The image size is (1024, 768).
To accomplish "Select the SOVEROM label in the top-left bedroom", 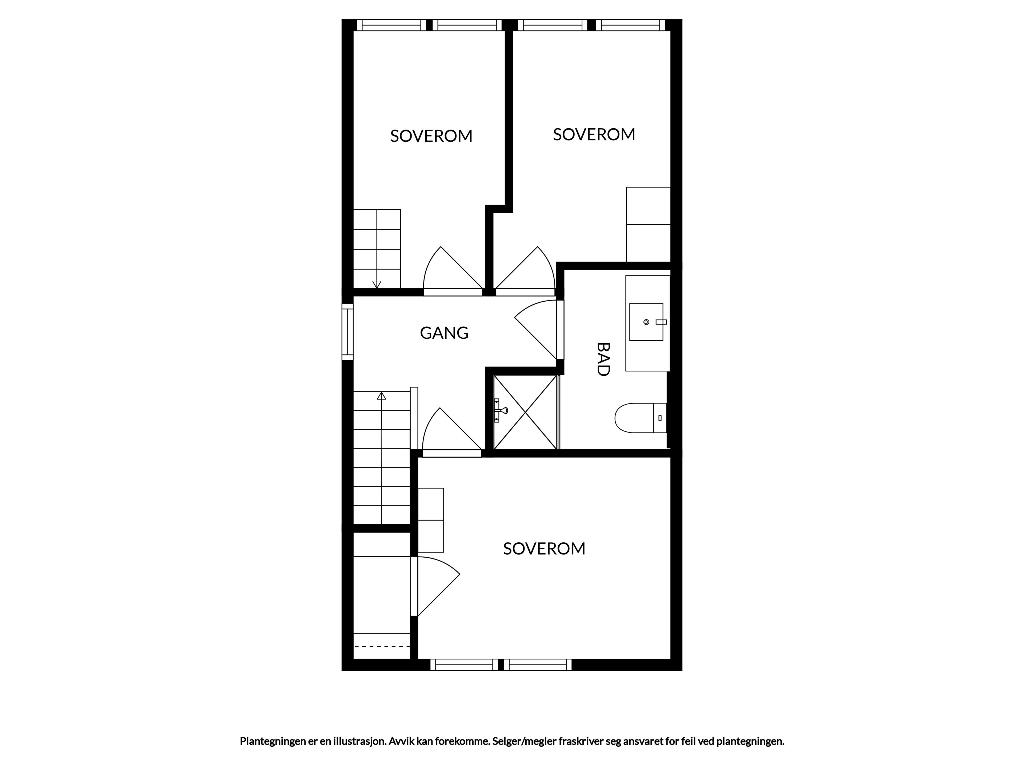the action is click(x=431, y=136).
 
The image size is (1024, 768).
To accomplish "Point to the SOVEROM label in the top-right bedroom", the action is click(x=594, y=134).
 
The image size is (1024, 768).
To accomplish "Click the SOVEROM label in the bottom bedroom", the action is click(x=544, y=549).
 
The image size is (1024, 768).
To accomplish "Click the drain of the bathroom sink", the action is click(x=646, y=322).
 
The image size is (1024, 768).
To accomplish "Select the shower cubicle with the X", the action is click(x=525, y=412).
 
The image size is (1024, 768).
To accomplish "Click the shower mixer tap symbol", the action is click(x=501, y=410).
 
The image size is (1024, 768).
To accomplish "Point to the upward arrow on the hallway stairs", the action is click(x=381, y=396).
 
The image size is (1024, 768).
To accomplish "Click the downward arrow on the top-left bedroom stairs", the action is click(x=377, y=284).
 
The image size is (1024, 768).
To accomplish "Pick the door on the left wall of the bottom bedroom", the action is click(x=435, y=586).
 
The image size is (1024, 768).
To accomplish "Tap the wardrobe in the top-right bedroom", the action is click(x=648, y=225).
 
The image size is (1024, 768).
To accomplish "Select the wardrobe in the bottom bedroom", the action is click(x=430, y=520).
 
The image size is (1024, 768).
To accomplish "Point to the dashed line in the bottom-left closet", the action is click(x=382, y=646).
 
